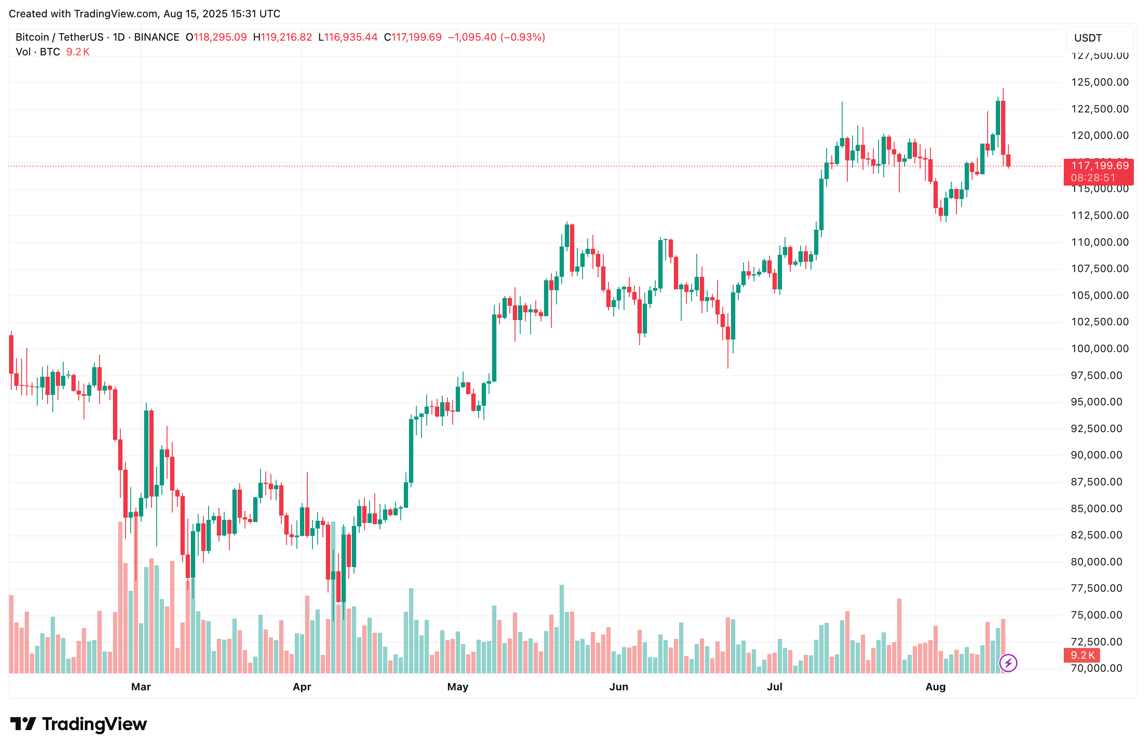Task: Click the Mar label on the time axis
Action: [141, 686]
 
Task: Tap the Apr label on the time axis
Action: [302, 686]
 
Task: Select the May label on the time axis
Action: [457, 686]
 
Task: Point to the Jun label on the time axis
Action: [619, 686]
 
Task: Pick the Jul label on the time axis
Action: [774, 686]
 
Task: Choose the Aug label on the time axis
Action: [935, 686]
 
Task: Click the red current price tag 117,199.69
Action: [1099, 166]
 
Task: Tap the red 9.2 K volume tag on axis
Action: [1082, 655]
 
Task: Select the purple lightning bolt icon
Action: [1008, 663]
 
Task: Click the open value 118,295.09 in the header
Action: [220, 37]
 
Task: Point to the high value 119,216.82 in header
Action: [286, 37]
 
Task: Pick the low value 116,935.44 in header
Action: [351, 37]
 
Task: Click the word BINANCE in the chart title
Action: [157, 37]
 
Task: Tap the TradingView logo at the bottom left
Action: [78, 724]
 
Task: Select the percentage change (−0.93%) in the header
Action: [523, 37]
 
